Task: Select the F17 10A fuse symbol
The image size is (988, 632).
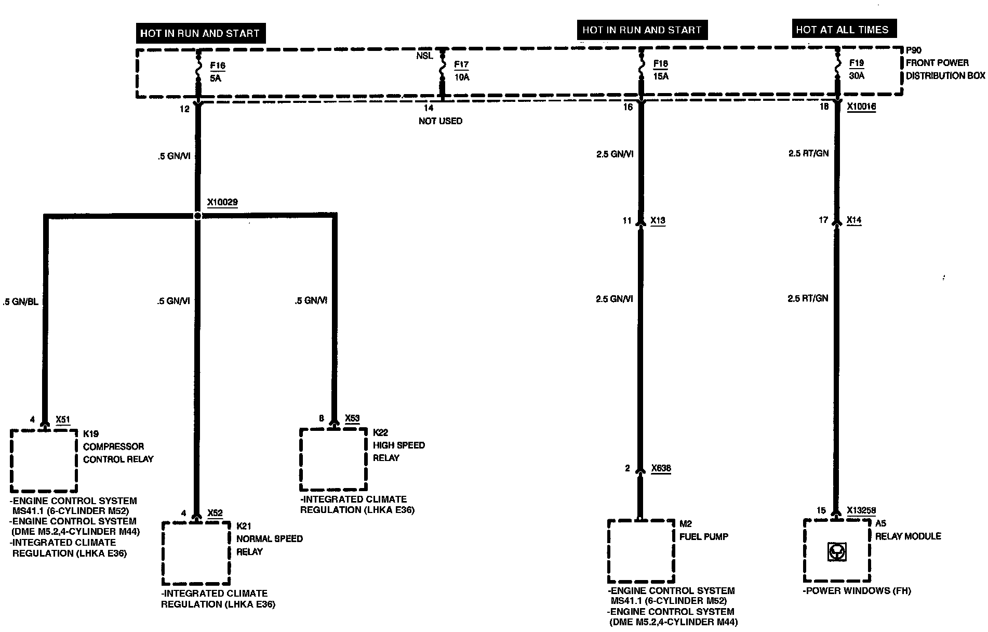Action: pos(442,71)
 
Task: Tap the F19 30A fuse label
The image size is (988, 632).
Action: pos(857,69)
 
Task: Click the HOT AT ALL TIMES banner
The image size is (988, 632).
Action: pos(842,30)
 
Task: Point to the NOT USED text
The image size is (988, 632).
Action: pos(440,121)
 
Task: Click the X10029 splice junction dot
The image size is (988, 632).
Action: pos(197,216)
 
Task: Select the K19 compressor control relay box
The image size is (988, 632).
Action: pos(44,460)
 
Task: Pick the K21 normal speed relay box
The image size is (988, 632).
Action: pos(196,553)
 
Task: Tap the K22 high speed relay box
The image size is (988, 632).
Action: pos(333,459)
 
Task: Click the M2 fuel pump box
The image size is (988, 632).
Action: pos(640,551)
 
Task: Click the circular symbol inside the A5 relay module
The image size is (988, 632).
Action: pos(836,552)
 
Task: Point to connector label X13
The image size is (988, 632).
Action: pos(658,221)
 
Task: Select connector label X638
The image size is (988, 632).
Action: pos(661,468)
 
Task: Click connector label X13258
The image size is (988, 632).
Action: pos(861,510)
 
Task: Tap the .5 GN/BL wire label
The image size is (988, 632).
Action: pos(21,301)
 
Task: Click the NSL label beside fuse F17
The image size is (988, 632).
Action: pos(424,56)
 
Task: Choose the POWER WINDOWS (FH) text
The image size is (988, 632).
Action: pos(857,591)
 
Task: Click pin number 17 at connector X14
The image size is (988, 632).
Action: pos(823,220)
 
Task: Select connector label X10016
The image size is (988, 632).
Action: pos(861,107)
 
